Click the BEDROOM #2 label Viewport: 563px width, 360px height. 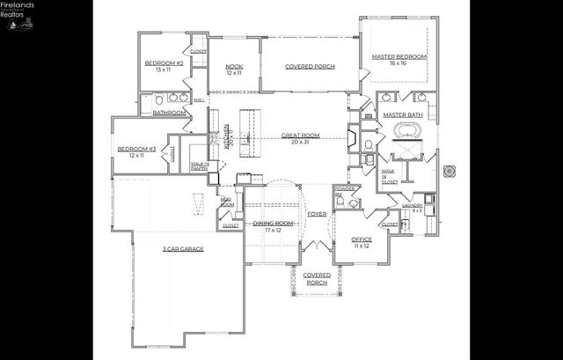[x=164, y=63]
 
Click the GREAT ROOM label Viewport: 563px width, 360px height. [x=300, y=136]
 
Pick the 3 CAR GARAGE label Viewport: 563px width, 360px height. [x=182, y=249]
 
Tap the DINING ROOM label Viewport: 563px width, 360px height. [x=273, y=223]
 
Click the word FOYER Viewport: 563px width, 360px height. [x=317, y=214]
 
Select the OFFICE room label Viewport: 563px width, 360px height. [x=362, y=239]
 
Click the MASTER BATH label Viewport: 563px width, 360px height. [x=403, y=114]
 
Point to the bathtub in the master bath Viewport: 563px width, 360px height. [x=407, y=131]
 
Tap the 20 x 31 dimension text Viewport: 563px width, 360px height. [x=300, y=142]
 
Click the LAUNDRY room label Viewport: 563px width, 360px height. [x=412, y=205]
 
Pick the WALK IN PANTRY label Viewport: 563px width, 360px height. [x=200, y=165]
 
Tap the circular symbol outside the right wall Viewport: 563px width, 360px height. [x=450, y=170]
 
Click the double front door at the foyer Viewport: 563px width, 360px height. [x=317, y=246]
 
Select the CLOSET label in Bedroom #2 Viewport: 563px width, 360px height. [x=198, y=52]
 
